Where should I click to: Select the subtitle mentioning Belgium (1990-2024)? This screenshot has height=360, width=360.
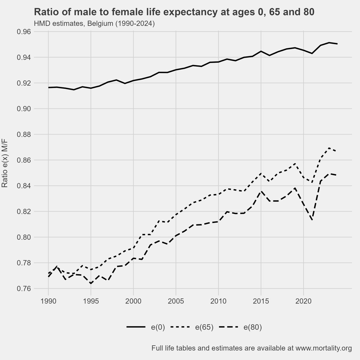coord(94,23)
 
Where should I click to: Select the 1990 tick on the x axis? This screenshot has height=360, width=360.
coord(48,301)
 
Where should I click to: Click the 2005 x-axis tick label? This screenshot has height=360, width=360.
coord(176,301)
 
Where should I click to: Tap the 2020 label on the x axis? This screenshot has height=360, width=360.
coord(304,301)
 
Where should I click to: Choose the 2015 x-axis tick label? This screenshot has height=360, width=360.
coord(261,301)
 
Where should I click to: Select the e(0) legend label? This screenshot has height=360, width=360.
coord(158,327)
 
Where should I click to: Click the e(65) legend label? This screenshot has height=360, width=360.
coord(204,327)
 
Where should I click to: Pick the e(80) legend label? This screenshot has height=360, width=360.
coord(253,327)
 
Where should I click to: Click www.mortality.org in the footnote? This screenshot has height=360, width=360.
coord(323,348)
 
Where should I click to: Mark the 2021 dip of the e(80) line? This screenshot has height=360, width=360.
coord(312,220)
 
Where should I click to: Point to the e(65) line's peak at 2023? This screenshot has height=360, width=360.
coord(329,148)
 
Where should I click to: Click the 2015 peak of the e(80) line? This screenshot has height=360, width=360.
coord(261,191)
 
